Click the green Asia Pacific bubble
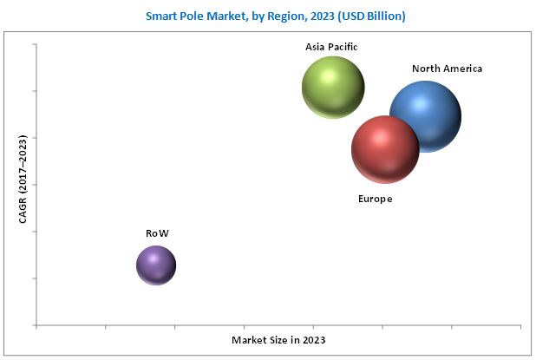pyautogui.click(x=333, y=87)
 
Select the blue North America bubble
pyautogui.click(x=425, y=116)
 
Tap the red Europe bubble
pyautogui.click(x=385, y=149)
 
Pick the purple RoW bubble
pyautogui.click(x=156, y=265)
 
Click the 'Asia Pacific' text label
pyautogui.click(x=331, y=47)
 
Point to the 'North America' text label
pyautogui.click(x=448, y=68)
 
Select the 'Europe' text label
pyautogui.click(x=375, y=199)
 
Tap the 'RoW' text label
pyautogui.click(x=157, y=233)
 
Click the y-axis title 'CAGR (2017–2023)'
pyautogui.click(x=23, y=179)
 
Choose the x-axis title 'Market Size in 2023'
pyautogui.click(x=278, y=339)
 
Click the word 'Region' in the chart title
pyautogui.click(x=268, y=16)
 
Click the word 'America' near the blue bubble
pyautogui.click(x=464, y=68)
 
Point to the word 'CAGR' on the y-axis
pyautogui.click(x=23, y=209)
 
